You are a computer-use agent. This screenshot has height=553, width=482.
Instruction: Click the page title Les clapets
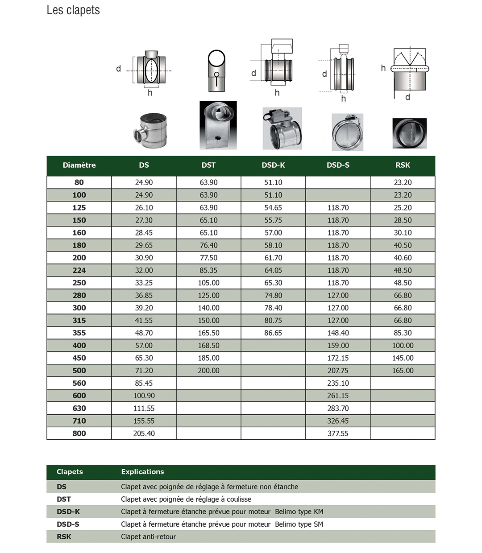pyautogui.click(x=73, y=10)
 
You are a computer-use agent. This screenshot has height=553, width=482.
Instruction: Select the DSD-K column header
pyautogui.click(x=273, y=165)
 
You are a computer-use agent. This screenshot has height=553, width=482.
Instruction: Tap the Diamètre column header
pyautogui.click(x=79, y=165)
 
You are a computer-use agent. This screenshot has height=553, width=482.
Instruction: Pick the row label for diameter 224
pyautogui.click(x=79, y=270)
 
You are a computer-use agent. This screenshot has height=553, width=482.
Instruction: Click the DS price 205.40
pyautogui.click(x=144, y=433)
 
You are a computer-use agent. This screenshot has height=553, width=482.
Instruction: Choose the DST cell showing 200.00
pyautogui.click(x=208, y=371)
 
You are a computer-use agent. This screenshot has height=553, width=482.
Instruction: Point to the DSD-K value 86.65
pyautogui.click(x=273, y=333)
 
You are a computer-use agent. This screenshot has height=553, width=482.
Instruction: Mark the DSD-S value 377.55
pyautogui.click(x=338, y=433)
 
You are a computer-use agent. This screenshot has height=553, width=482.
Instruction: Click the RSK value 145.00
pyautogui.click(x=403, y=358)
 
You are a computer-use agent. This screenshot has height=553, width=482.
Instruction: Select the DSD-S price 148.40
pyautogui.click(x=338, y=333)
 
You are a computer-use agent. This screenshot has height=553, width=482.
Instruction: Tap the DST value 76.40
pyautogui.click(x=208, y=245)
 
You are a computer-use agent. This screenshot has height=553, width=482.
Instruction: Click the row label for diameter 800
pyautogui.click(x=79, y=433)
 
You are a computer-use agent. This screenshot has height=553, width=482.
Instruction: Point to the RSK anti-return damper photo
pyautogui.click(x=409, y=133)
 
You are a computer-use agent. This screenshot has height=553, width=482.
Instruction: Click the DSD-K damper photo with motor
pyautogui.click(x=282, y=128)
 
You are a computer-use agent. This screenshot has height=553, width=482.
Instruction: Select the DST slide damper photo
pyautogui.click(x=218, y=125)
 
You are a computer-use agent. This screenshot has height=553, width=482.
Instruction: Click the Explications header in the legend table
pyautogui.click(x=142, y=472)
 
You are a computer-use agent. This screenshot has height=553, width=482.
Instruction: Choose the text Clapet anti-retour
pyautogui.click(x=148, y=537)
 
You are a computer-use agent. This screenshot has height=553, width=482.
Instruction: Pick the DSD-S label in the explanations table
pyautogui.click(x=68, y=524)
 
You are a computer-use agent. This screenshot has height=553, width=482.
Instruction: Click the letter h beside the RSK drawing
pyautogui.click(x=383, y=68)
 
